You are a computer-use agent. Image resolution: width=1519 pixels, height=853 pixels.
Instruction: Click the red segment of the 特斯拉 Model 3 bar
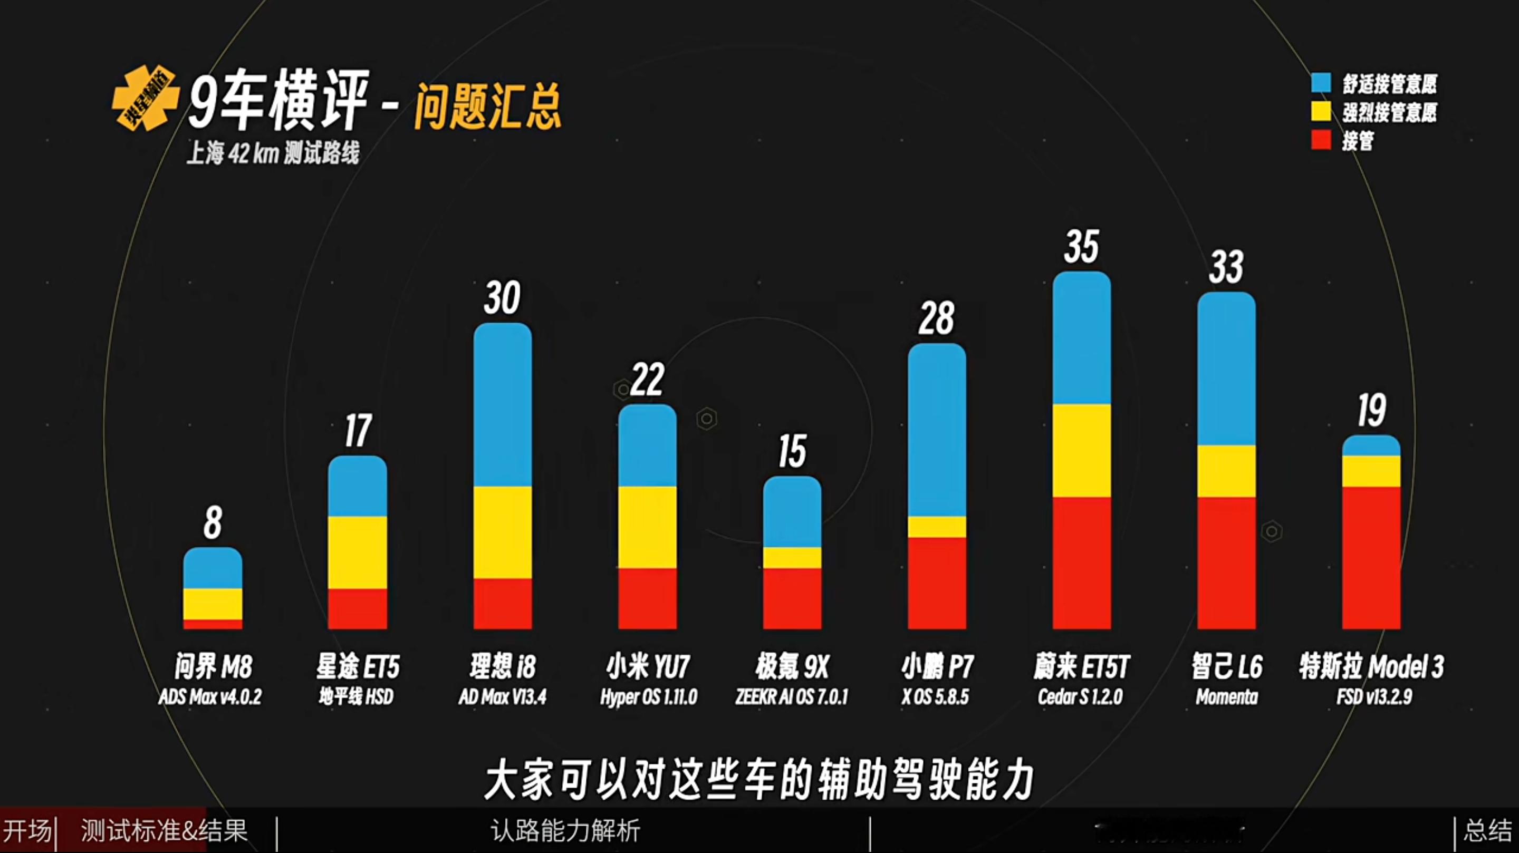pos(1371,557)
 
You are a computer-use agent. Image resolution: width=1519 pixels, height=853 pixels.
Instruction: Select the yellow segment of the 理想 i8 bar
pos(503,532)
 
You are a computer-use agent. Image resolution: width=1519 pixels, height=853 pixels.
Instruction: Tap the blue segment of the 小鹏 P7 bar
pos(936,430)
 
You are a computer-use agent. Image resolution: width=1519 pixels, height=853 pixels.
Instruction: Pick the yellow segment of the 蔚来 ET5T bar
pos(1081,450)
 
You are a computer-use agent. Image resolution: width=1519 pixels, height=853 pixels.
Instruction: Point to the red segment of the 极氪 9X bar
pos(792,598)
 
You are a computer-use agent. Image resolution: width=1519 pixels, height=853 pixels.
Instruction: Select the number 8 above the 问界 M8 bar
pos(212,522)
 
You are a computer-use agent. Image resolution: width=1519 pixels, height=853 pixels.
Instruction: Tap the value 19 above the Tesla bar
pos(1371,410)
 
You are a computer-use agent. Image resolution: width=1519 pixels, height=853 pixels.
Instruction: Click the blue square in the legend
pos(1321,83)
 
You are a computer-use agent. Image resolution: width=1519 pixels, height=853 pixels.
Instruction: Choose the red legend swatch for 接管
pos(1321,140)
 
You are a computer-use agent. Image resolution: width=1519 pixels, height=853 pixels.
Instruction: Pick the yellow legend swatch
pos(1321,111)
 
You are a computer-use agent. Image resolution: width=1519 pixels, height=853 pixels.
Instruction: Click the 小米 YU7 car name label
pos(648,667)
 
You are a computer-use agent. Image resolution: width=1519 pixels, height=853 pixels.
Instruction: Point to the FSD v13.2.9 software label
pos(1374,697)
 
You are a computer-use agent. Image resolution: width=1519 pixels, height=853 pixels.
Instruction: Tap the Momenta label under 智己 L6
pos(1226,697)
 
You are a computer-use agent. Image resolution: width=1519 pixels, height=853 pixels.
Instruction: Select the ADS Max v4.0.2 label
pos(210,697)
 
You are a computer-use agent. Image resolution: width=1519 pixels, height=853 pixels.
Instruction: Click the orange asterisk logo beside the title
pos(145,98)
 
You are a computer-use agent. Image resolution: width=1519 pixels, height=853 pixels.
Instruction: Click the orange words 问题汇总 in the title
pos(487,106)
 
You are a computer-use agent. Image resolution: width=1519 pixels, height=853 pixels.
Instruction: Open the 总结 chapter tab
pos(1487,831)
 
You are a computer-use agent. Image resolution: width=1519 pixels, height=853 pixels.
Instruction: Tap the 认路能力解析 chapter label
pos(565,831)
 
